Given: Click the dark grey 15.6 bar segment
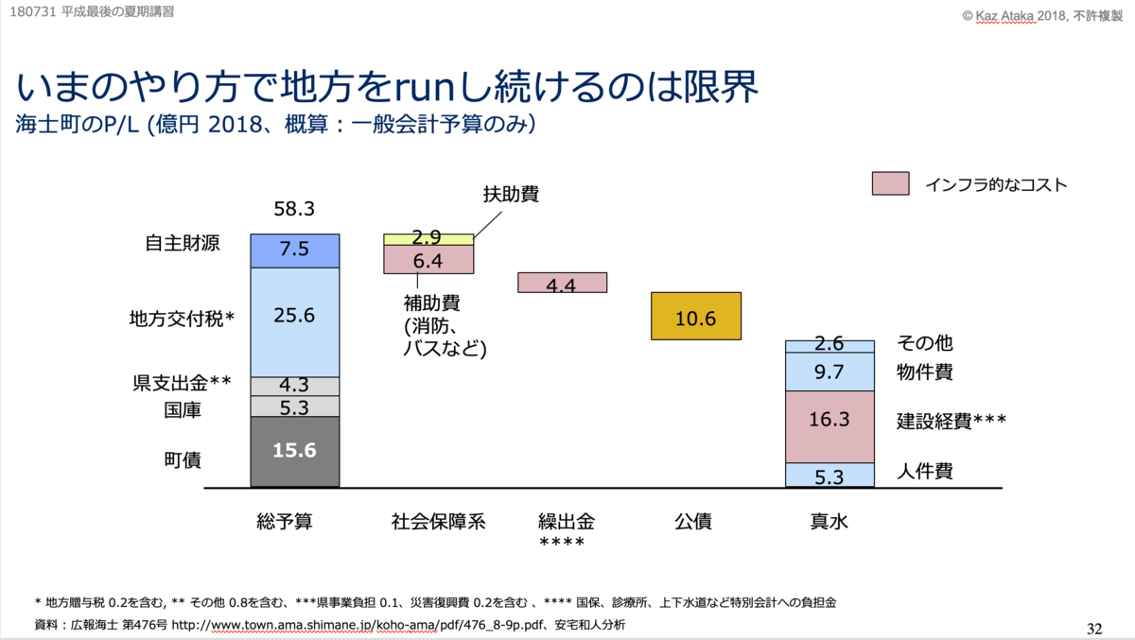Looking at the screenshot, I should [294, 452].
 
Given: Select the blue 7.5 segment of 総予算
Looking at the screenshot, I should [294, 251].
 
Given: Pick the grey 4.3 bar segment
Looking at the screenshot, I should [294, 386].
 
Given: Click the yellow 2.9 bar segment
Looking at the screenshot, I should [428, 239].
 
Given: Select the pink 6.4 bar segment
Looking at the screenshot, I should [428, 260].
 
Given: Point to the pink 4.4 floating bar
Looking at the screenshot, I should [562, 283].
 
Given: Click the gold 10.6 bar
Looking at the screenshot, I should [695, 316].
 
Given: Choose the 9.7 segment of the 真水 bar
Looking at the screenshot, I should [829, 372].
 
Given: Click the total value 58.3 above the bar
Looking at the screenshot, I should [294, 207].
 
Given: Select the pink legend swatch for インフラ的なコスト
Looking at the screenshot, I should [890, 184].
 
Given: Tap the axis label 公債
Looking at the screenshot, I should [693, 521].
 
